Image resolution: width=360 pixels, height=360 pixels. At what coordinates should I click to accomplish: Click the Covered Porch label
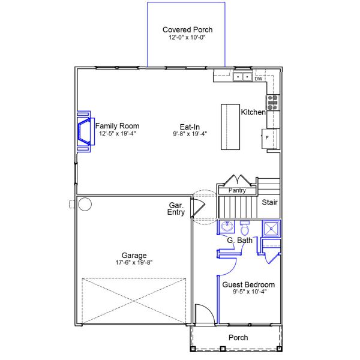pyautogui.click(x=187, y=29)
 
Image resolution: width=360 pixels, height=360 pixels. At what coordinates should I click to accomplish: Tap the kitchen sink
pyautogui.click(x=242, y=77)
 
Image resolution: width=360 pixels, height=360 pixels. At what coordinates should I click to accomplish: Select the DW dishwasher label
pyautogui.click(x=259, y=79)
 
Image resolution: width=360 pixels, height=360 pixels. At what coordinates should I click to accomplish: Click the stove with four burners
pyautogui.click(x=273, y=102)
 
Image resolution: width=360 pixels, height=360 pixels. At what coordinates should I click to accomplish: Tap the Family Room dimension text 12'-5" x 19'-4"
pyautogui.click(x=118, y=133)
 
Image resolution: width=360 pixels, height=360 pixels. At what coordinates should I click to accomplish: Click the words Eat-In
pyautogui.click(x=190, y=126)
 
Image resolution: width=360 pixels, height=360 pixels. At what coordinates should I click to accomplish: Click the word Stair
pyautogui.click(x=269, y=202)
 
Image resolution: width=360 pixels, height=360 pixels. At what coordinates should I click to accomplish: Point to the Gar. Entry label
pyautogui.click(x=176, y=208)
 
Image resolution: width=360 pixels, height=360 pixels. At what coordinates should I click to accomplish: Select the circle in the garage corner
pyautogui.click(x=85, y=205)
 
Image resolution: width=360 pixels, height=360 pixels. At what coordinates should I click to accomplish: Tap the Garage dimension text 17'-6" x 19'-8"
pyautogui.click(x=134, y=262)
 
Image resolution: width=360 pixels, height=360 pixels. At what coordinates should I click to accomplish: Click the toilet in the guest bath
pyautogui.click(x=245, y=229)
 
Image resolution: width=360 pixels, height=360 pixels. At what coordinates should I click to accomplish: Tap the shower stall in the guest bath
pyautogui.click(x=272, y=228)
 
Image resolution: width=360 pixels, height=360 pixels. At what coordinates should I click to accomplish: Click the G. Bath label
pyautogui.click(x=239, y=241)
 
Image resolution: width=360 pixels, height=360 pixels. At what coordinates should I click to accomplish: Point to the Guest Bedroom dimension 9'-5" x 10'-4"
pyautogui.click(x=248, y=292)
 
